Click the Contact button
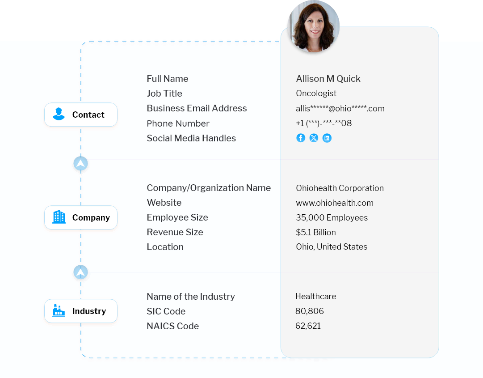coord(81,115)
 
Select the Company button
coord(81,218)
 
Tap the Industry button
coord(81,311)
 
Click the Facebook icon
coord(301,138)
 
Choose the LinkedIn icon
coord(327,138)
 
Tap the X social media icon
coord(314,138)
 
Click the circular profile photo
coord(314,27)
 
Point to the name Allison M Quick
coord(328,79)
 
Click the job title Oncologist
coord(316,93)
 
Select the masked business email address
coord(340,108)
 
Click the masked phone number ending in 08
coord(323,123)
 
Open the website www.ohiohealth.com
coord(334,203)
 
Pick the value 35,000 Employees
coord(332,218)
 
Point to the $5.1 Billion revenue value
coord(315,233)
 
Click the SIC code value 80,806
coord(309,311)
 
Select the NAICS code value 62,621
coord(308,326)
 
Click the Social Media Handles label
coord(191,138)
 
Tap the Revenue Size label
coord(175,232)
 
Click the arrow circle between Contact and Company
coord(80,164)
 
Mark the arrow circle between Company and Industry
coord(80,272)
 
